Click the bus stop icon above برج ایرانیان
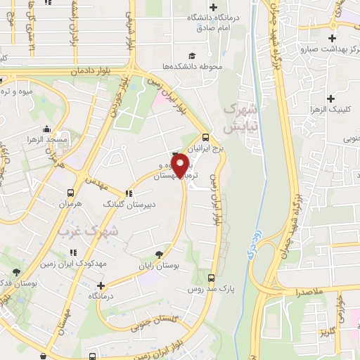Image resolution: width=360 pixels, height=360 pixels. click(x=205, y=138)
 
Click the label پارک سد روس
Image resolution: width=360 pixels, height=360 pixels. click(x=210, y=288)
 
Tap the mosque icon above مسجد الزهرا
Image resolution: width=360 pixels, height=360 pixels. click(x=46, y=129)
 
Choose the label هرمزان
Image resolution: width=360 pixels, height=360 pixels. click(x=70, y=203)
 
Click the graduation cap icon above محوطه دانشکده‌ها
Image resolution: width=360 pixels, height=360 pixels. click(x=191, y=56)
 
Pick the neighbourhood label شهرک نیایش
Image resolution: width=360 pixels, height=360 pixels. click(x=238, y=120)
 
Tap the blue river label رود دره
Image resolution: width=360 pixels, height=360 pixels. click(x=251, y=243)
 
